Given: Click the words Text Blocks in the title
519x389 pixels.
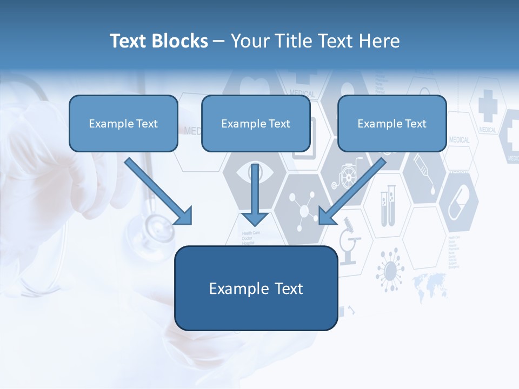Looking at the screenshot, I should point(158,41).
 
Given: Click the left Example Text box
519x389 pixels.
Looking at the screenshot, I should point(123,124).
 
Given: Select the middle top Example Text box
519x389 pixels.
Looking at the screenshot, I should point(256,124).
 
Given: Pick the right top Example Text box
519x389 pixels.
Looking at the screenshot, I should point(392,124).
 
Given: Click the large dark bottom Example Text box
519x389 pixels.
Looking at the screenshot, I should point(256,289).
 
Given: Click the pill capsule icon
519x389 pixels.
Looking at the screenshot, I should point(458,202).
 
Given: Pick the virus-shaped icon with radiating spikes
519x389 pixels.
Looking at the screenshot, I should point(390,268).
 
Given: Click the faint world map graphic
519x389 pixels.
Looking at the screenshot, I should point(430,285).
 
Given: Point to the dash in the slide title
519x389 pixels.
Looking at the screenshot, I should point(219,42).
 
